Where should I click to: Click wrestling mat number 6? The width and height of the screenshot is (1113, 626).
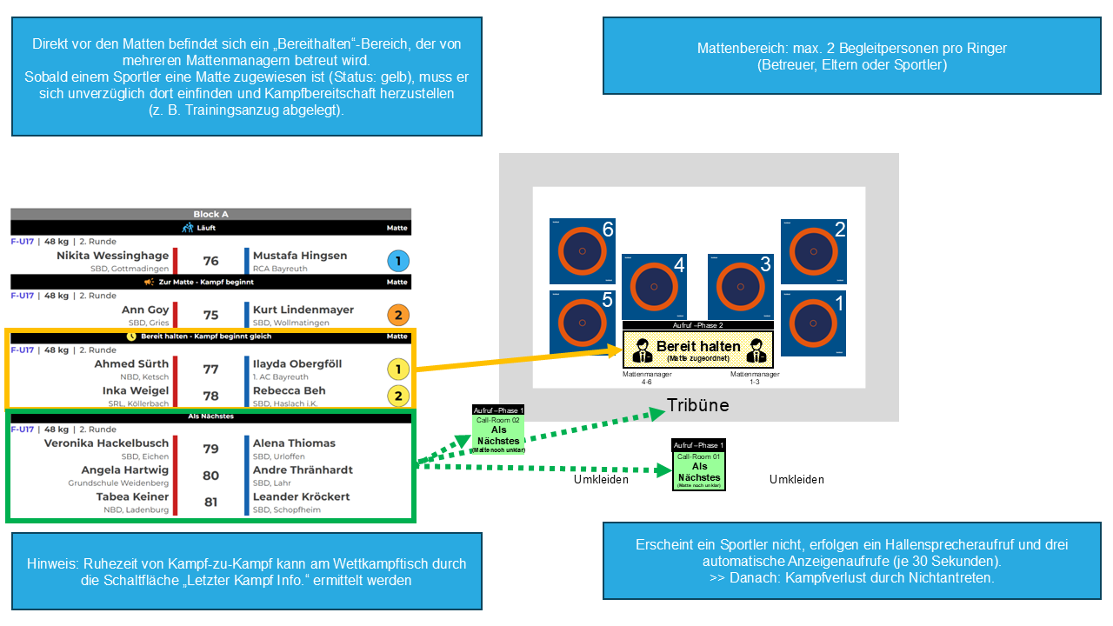click(583, 251)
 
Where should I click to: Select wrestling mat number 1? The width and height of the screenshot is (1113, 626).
click(814, 323)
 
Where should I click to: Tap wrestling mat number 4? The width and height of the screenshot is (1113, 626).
click(654, 286)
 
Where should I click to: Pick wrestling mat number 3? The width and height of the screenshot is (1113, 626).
click(740, 286)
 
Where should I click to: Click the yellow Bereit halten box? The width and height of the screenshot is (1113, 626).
click(698, 349)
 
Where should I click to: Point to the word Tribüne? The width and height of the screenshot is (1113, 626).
click(698, 405)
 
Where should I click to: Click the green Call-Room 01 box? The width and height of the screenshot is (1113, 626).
click(698, 470)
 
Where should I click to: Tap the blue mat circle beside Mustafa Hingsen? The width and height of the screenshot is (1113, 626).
click(397, 261)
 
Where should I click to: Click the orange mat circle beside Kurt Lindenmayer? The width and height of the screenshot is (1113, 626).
click(397, 315)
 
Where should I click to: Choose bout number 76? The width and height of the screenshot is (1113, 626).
click(210, 261)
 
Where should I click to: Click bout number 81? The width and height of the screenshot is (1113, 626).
click(210, 502)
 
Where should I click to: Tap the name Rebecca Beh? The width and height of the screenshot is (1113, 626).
click(290, 390)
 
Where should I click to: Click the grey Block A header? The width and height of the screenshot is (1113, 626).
click(210, 214)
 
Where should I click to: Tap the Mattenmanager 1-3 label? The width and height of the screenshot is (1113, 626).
click(755, 377)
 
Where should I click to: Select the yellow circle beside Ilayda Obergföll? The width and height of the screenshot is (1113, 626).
click(397, 369)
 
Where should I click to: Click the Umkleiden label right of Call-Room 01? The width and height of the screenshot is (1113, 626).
click(796, 479)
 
